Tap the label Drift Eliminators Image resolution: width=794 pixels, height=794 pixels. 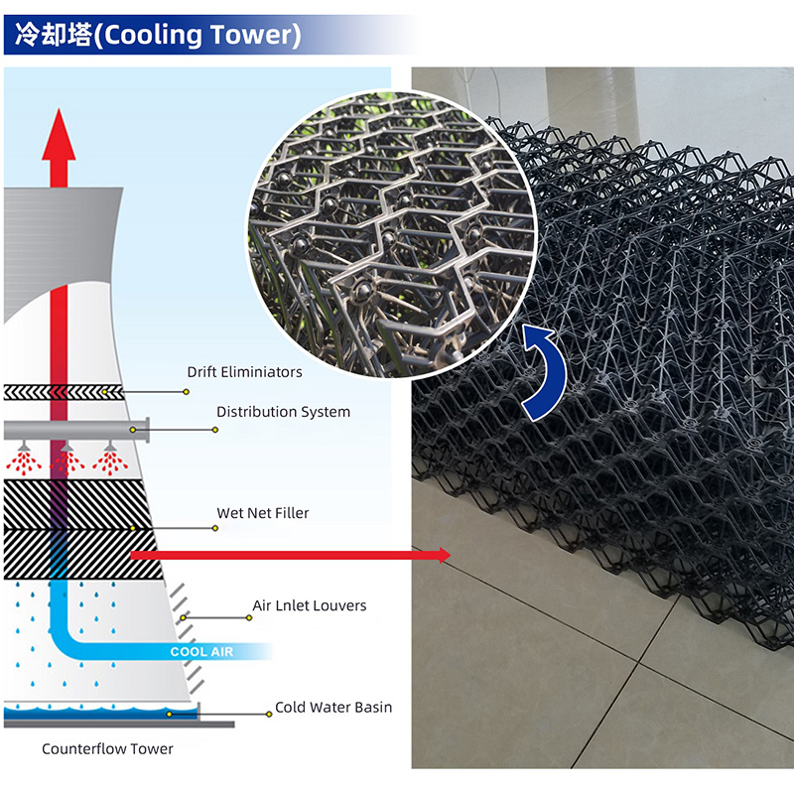tap(244, 372)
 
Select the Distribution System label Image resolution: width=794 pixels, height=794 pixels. tap(283, 411)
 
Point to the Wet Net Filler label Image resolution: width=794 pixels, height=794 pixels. tap(263, 513)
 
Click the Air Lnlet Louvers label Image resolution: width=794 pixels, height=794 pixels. tap(309, 605)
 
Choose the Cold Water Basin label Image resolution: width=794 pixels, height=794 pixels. tap(333, 708)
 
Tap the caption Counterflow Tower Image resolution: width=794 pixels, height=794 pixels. tap(107, 749)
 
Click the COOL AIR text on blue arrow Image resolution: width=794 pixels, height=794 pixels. tap(202, 652)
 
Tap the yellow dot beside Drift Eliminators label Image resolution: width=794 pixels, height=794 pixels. tap(187, 392)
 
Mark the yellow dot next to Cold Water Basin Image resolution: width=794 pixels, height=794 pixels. tap(270, 713)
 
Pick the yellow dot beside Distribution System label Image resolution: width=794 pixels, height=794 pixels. tap(215, 430)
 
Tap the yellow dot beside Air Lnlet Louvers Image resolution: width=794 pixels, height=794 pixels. tap(249, 617)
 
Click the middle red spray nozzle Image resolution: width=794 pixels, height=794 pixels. tap(66, 460)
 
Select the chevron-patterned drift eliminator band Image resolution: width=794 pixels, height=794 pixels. tap(64, 392)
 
